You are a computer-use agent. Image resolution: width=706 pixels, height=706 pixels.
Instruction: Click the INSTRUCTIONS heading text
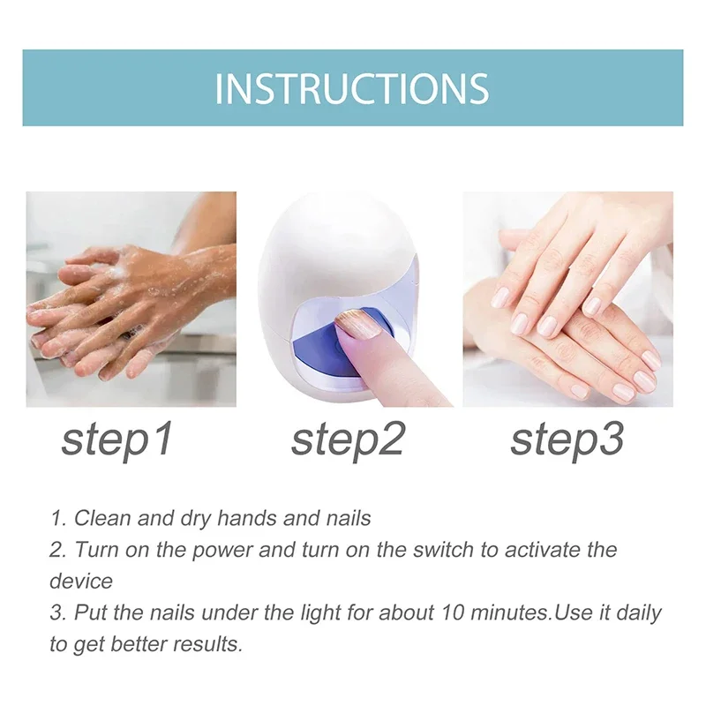(x=352, y=88)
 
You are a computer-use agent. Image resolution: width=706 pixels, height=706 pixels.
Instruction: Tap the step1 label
(x=117, y=439)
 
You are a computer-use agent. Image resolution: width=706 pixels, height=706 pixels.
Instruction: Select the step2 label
(x=348, y=439)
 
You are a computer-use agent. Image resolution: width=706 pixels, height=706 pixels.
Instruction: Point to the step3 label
(x=567, y=439)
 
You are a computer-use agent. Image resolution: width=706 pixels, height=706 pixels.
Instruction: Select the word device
(x=81, y=582)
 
